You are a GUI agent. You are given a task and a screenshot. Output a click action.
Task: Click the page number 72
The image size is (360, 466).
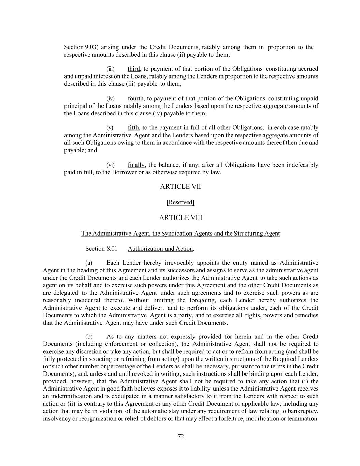pos(181,436)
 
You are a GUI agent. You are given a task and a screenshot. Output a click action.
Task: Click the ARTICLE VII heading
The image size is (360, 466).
pos(180,187)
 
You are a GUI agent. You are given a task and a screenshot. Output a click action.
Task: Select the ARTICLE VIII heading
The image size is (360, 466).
pos(180,218)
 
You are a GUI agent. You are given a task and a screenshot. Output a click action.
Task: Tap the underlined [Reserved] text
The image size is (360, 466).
pos(180,202)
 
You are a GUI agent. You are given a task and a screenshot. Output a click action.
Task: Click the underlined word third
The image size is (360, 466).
pos(134,69)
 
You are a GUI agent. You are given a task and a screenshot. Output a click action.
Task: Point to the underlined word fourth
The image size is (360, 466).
pos(136,99)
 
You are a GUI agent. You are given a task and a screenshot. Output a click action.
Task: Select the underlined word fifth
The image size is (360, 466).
pos(133,128)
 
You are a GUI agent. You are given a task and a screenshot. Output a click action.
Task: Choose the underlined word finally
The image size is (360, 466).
pos(136,165)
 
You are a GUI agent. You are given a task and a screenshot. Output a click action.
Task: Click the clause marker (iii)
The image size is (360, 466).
pos(111,69)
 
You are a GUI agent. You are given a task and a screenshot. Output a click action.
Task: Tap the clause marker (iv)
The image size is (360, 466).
pos(111,99)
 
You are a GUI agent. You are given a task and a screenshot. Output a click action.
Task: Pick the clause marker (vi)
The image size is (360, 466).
pos(111,165)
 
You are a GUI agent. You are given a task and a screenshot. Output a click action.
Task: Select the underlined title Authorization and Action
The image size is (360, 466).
pos(160,249)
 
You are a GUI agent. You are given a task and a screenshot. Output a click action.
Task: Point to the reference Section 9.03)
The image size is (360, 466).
pos(81,47)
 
